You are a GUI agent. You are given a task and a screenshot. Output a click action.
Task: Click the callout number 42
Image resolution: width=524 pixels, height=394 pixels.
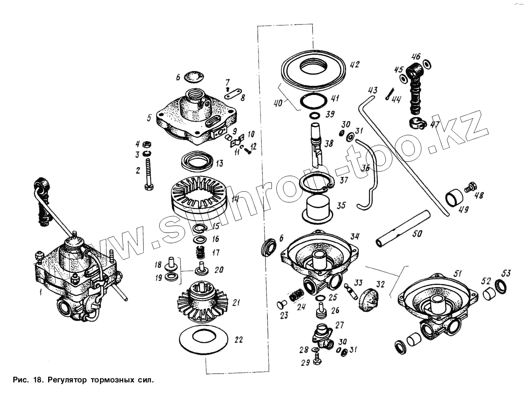coord(354,65)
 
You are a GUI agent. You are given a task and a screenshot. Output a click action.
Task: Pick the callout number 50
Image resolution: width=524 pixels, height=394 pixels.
coord(417,234)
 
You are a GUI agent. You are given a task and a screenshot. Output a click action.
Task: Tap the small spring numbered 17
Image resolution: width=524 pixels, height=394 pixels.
coord(201,252)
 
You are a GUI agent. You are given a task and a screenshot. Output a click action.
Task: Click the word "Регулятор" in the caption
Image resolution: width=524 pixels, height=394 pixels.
coord(67,379)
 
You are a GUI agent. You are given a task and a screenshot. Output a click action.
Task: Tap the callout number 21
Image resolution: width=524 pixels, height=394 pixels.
coord(236,303)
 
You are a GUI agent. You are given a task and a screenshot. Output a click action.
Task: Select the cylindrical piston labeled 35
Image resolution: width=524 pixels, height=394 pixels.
coord(317,208)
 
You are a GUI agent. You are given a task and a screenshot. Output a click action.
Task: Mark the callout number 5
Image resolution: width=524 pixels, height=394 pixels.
coord(149,117)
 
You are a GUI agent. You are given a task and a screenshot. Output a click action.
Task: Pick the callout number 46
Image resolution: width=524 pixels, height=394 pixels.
coord(416,57)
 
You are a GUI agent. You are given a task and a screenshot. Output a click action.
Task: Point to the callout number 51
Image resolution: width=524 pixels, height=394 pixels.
coord(457,273)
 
